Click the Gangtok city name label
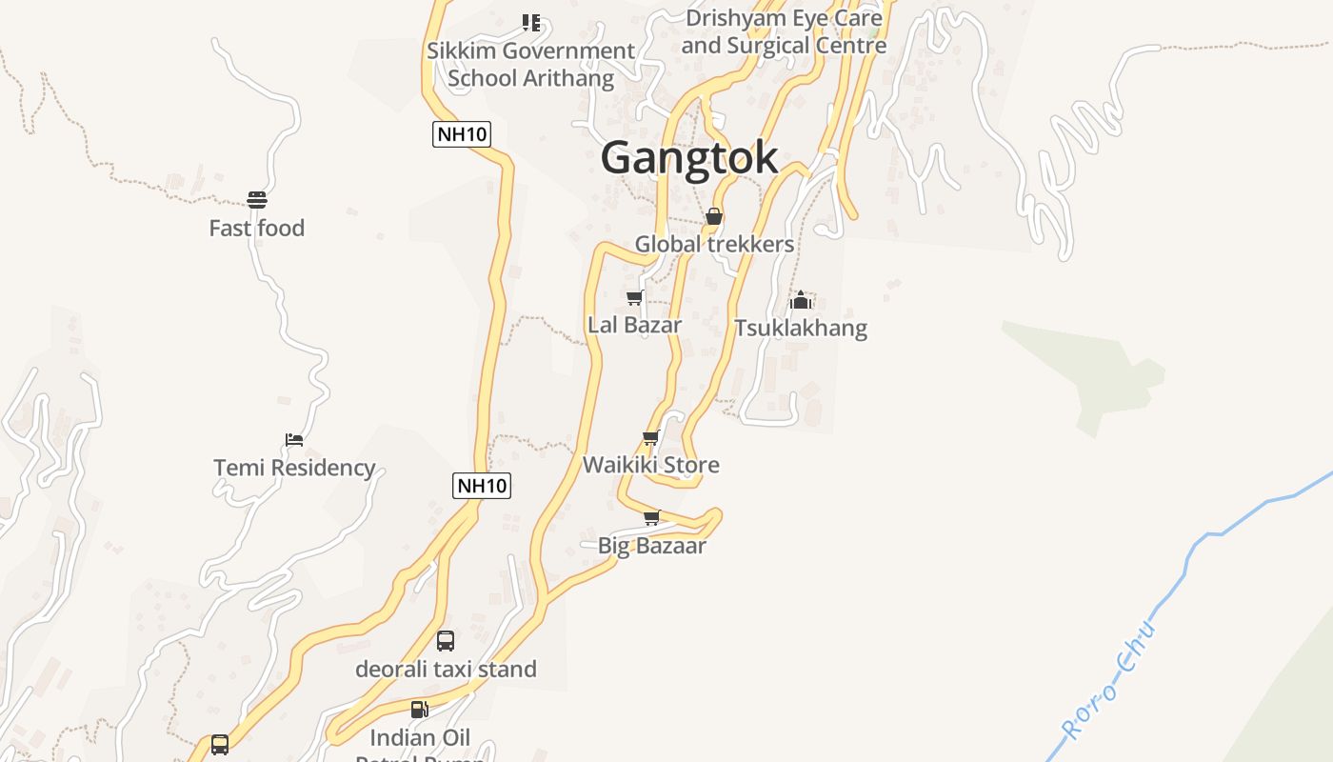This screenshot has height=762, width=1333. pyautogui.click(x=689, y=157)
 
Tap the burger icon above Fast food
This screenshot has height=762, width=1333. pyautogui.click(x=257, y=200)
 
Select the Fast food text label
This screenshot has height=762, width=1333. pyautogui.click(x=257, y=229)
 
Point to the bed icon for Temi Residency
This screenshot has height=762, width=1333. pyautogui.click(x=294, y=440)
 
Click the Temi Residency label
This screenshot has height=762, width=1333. pyautogui.click(x=294, y=468)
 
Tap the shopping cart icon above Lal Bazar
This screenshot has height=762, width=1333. pyautogui.click(x=634, y=298)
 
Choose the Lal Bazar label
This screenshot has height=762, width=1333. pyautogui.click(x=634, y=325)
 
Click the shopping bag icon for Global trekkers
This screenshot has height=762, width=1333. pyautogui.click(x=714, y=217)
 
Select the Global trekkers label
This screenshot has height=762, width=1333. pyautogui.click(x=714, y=245)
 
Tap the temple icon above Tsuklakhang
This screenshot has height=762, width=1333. pyautogui.click(x=801, y=301)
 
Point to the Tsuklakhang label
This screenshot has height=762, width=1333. pyautogui.click(x=801, y=329)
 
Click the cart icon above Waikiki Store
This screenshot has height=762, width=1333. pyautogui.click(x=651, y=438)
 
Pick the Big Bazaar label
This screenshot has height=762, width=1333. pyautogui.click(x=652, y=546)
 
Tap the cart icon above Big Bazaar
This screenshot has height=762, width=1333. pyautogui.click(x=652, y=518)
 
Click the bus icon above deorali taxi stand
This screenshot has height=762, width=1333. pyautogui.click(x=446, y=641)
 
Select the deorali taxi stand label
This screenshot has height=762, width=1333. pyautogui.click(x=446, y=670)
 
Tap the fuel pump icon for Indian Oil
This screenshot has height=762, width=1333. pyautogui.click(x=419, y=710)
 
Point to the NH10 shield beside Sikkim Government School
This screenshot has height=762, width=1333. pyautogui.click(x=462, y=134)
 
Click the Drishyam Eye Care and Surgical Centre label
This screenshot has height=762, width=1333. pyautogui.click(x=784, y=31)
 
